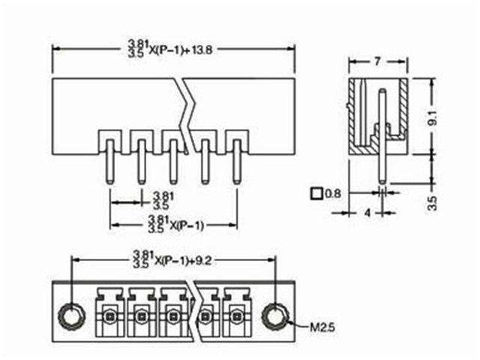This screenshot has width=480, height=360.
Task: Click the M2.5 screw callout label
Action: [320, 327]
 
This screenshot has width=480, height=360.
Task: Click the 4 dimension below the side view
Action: [367, 212]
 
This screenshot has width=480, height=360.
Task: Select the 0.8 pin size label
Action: [334, 193]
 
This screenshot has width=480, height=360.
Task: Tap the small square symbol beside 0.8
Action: [316, 193]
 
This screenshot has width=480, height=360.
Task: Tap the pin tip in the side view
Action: [383, 181]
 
